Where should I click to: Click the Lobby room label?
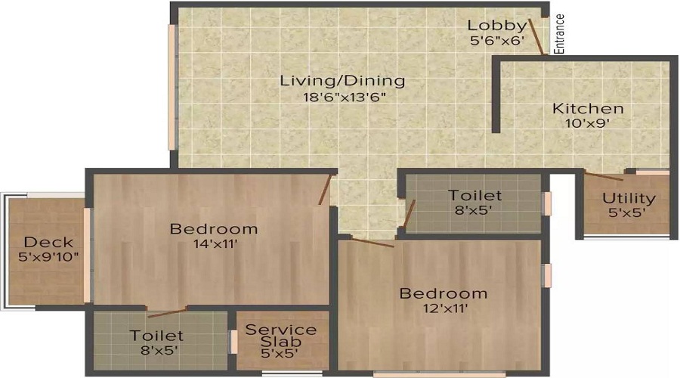[496, 25]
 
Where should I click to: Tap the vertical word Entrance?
[560, 35]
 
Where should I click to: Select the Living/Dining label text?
[342, 80]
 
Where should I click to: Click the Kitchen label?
[587, 108]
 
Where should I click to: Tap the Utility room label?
[629, 199]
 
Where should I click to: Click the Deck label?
[48, 242]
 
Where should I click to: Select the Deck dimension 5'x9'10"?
[48, 257]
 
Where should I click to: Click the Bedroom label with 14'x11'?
[214, 228]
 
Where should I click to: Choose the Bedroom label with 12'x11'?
[444, 293]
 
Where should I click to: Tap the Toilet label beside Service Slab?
[156, 335]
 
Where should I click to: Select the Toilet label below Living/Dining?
[474, 196]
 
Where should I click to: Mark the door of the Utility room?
[604, 177]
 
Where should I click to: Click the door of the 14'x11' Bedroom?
[326, 189]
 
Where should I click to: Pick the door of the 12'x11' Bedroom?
[372, 243]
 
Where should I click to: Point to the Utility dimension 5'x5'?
[629, 214]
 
